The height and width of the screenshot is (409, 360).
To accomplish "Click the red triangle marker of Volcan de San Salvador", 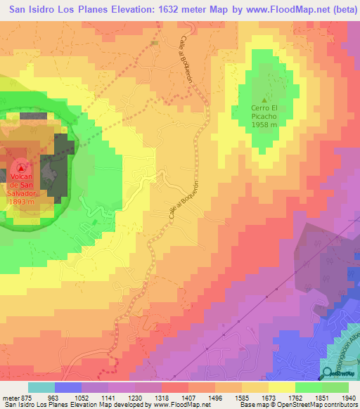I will [21, 167].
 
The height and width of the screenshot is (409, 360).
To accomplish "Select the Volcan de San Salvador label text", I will [21, 187].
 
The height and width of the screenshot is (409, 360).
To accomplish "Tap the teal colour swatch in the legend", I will [41, 387].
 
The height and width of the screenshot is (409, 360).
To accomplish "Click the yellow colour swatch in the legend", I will [283, 387].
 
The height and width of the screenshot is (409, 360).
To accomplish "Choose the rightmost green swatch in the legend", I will [336, 387].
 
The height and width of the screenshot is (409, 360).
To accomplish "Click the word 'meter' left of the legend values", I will [10, 396].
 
